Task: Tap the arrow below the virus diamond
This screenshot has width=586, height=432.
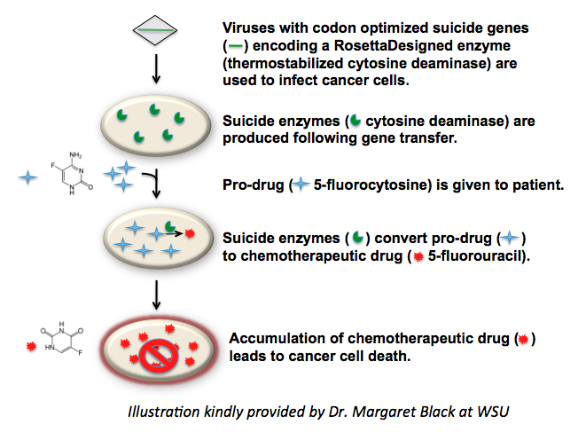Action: (x=156, y=68)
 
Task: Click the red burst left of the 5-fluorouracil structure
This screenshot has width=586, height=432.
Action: (x=35, y=343)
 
